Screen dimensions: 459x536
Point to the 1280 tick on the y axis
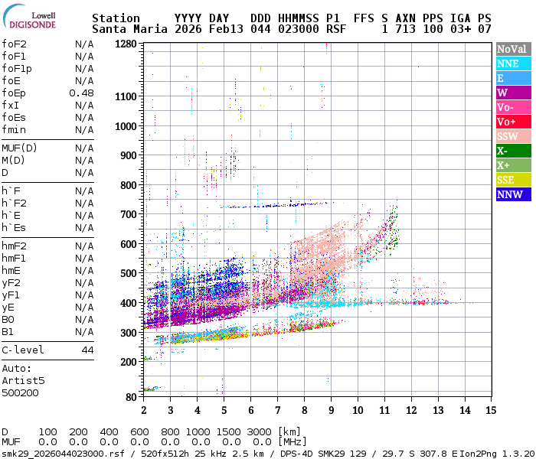click(x=126, y=44)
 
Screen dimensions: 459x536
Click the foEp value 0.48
click(x=81, y=93)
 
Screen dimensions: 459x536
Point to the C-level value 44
click(x=87, y=350)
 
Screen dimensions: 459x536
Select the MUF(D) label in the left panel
click(x=21, y=148)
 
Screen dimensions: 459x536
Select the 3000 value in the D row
click(x=260, y=432)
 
